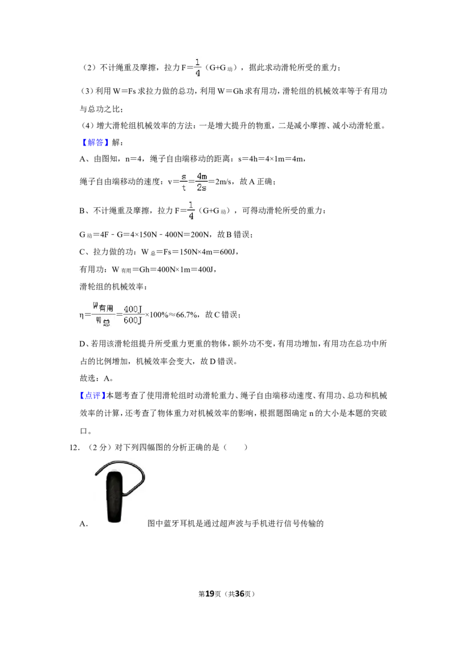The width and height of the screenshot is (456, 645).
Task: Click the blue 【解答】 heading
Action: pos(95,143)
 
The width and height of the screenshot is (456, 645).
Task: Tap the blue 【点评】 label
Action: pos(92,396)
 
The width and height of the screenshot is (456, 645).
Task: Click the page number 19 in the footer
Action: pos(210,594)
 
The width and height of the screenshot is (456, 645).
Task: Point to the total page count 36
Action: pos(239,594)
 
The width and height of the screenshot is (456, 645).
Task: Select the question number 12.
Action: pos(75,447)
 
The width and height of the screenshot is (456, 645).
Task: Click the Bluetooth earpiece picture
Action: pos(120,492)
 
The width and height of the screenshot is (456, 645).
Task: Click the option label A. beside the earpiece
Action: pos(84,524)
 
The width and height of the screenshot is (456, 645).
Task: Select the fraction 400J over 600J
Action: pos(133,315)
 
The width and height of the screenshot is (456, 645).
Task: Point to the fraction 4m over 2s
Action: pos(202,181)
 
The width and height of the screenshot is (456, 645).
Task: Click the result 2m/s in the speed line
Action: pos(223,181)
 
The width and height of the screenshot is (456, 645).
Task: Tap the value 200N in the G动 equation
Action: pos(199,235)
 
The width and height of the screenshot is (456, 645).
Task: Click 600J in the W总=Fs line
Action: pos(228,252)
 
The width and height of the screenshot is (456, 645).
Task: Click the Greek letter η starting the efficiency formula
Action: pos(82,316)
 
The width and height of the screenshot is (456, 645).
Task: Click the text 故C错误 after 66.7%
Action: pos(221,315)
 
